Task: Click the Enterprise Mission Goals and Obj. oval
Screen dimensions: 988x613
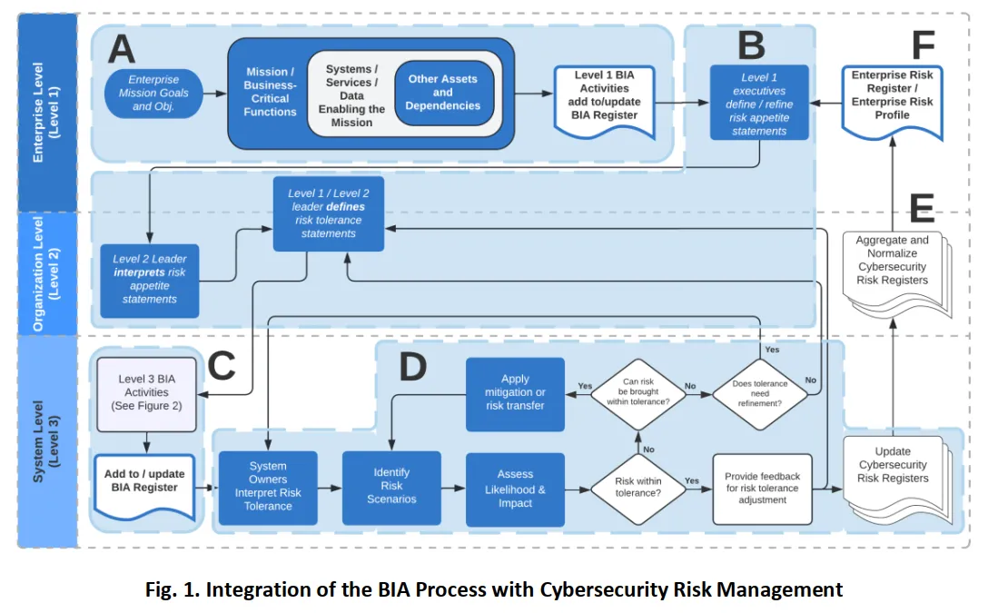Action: (x=153, y=94)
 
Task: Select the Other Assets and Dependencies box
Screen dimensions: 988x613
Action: (x=443, y=93)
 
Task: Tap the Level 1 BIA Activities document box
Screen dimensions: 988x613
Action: (x=604, y=101)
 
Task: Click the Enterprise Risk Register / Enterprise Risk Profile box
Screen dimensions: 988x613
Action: (x=893, y=101)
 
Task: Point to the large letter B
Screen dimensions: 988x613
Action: (x=751, y=45)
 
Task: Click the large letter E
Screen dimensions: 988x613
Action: (x=922, y=208)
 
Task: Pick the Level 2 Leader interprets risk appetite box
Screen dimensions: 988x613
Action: (x=149, y=281)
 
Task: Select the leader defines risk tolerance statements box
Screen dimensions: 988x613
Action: (x=329, y=213)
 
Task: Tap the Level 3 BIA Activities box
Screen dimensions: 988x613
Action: (x=146, y=394)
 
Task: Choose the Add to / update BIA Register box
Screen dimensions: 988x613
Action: (x=144, y=486)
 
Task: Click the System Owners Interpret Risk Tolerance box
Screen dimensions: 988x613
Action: (x=268, y=488)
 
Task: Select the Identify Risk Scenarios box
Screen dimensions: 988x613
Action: (x=391, y=488)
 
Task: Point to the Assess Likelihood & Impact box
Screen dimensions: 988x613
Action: (x=515, y=489)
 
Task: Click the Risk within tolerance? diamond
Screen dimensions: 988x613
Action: (x=637, y=489)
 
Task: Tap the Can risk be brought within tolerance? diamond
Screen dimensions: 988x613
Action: (x=637, y=394)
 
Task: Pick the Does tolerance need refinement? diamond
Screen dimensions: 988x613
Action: (x=760, y=394)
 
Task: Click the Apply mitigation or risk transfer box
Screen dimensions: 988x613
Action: (x=515, y=394)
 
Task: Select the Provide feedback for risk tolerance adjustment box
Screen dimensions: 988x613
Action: (x=763, y=489)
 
